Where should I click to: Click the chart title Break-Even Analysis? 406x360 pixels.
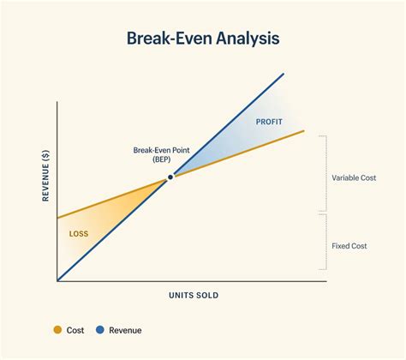pyautogui.click(x=203, y=39)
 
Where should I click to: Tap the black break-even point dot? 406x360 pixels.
pyautogui.click(x=170, y=177)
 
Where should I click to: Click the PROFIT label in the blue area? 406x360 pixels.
pyautogui.click(x=269, y=122)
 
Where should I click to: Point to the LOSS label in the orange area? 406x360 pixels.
pyautogui.click(x=78, y=233)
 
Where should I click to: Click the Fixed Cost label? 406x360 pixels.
pyautogui.click(x=349, y=246)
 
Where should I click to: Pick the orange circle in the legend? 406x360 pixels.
pyautogui.click(x=57, y=330)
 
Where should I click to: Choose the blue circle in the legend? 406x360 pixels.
pyautogui.click(x=100, y=330)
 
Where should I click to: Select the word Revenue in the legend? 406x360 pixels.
pyautogui.click(x=125, y=330)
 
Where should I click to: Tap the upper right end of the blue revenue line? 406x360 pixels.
pyautogui.click(x=284, y=74)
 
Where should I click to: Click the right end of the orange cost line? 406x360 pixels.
pyautogui.click(x=304, y=130)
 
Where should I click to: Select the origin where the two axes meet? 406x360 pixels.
pyautogui.click(x=57, y=280)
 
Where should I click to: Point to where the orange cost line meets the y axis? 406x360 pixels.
pyautogui.click(x=57, y=215)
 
